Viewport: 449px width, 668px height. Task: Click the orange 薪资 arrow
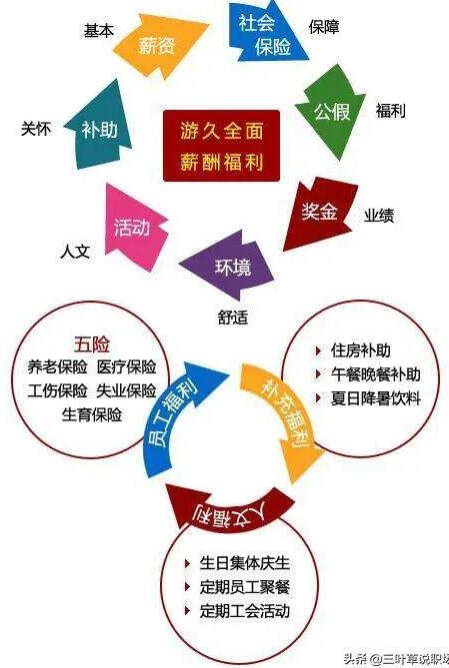(159, 45)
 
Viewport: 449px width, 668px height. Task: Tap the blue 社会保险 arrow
(265, 33)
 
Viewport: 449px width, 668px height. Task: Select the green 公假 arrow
(330, 112)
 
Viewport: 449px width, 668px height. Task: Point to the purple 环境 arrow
(228, 267)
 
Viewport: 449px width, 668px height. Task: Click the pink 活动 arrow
(133, 227)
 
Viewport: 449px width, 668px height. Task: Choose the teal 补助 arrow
(99, 128)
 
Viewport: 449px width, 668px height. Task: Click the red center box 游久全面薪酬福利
(222, 146)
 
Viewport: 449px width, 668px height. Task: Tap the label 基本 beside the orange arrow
(99, 31)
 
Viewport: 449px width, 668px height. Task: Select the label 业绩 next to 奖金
(379, 216)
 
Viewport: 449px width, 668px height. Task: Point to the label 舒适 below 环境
(233, 318)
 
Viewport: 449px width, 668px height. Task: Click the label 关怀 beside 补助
(36, 128)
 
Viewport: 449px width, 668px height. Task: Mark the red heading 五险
(92, 344)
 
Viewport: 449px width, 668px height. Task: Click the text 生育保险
(92, 414)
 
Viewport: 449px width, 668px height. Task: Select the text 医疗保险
(126, 367)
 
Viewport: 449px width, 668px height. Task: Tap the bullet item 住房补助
(361, 350)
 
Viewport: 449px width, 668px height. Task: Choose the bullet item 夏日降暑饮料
(376, 398)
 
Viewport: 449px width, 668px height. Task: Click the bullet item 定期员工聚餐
(245, 587)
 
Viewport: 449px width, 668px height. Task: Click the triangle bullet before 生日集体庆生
(187, 563)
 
